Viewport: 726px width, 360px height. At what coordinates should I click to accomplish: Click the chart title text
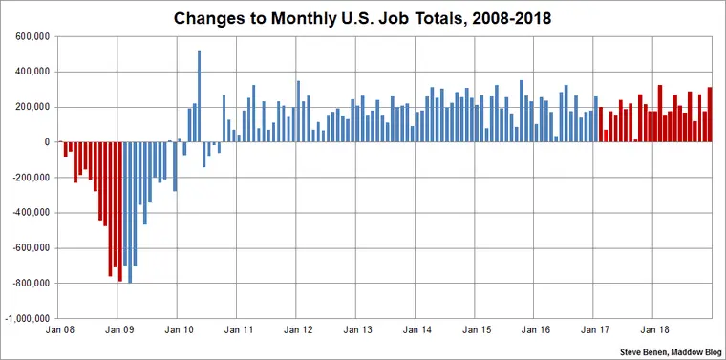[362, 17]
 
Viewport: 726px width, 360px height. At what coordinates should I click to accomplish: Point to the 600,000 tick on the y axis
[30, 36]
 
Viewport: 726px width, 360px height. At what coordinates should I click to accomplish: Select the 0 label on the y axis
[44, 142]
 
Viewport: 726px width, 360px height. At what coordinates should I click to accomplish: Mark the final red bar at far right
[709, 115]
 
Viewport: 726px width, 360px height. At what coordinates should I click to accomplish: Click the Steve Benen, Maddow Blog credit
[671, 350]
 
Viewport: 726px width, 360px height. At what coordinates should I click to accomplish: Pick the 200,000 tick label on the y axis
[30, 107]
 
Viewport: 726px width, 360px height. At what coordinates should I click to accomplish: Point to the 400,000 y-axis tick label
[30, 72]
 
